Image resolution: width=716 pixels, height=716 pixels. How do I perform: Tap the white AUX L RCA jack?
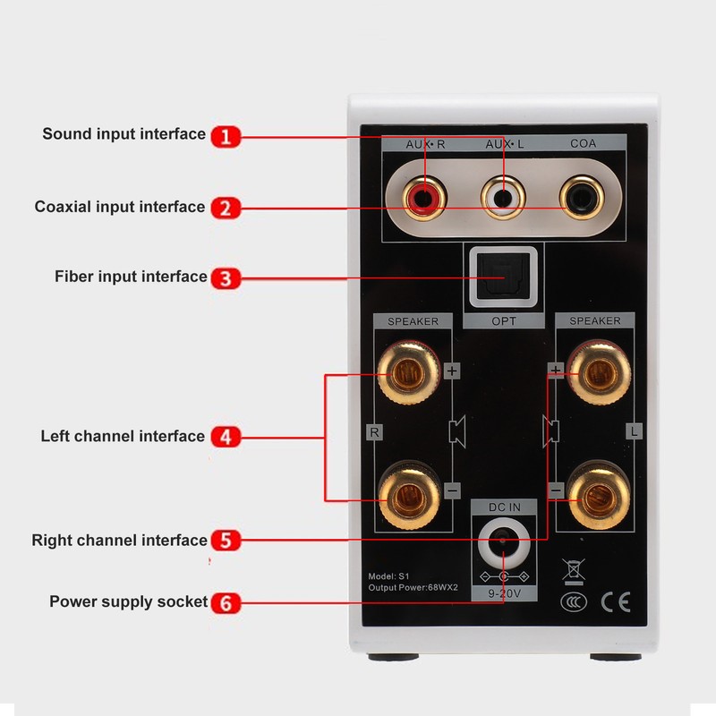point(503,197)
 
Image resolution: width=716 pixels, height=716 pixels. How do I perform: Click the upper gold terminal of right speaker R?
point(409,371)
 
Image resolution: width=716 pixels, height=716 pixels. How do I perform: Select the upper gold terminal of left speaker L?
point(595,371)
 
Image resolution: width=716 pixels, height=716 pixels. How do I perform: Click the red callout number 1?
point(226,136)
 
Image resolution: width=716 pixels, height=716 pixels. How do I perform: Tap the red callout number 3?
point(226,278)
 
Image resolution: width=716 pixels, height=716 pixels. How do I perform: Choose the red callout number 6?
point(226,603)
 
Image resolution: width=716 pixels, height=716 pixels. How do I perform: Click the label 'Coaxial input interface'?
point(120,207)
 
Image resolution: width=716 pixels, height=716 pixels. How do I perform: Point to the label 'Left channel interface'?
point(123,437)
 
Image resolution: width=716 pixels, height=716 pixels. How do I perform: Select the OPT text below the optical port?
point(503,321)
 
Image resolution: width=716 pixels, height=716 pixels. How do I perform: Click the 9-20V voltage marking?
point(503,592)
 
